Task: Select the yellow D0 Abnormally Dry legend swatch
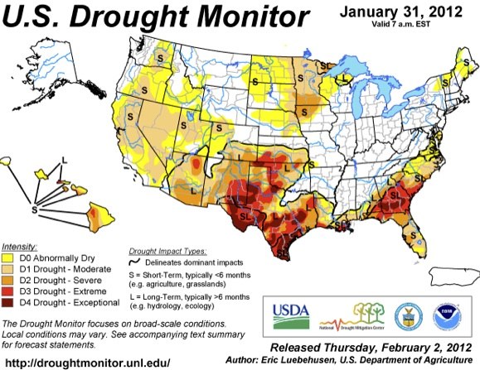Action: (12, 258)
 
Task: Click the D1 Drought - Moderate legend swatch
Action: (12, 270)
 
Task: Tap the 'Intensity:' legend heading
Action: (19, 247)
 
